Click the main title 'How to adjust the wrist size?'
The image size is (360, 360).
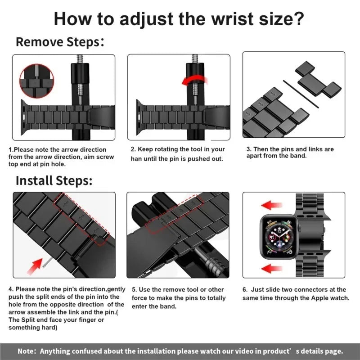tap(180, 19)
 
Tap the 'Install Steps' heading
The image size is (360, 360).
tap(54, 181)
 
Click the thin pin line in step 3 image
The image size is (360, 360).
tap(301, 94)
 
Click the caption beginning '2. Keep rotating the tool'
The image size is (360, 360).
tap(178, 153)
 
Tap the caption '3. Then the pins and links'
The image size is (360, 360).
tap(290, 152)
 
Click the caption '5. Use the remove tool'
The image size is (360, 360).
tap(178, 298)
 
